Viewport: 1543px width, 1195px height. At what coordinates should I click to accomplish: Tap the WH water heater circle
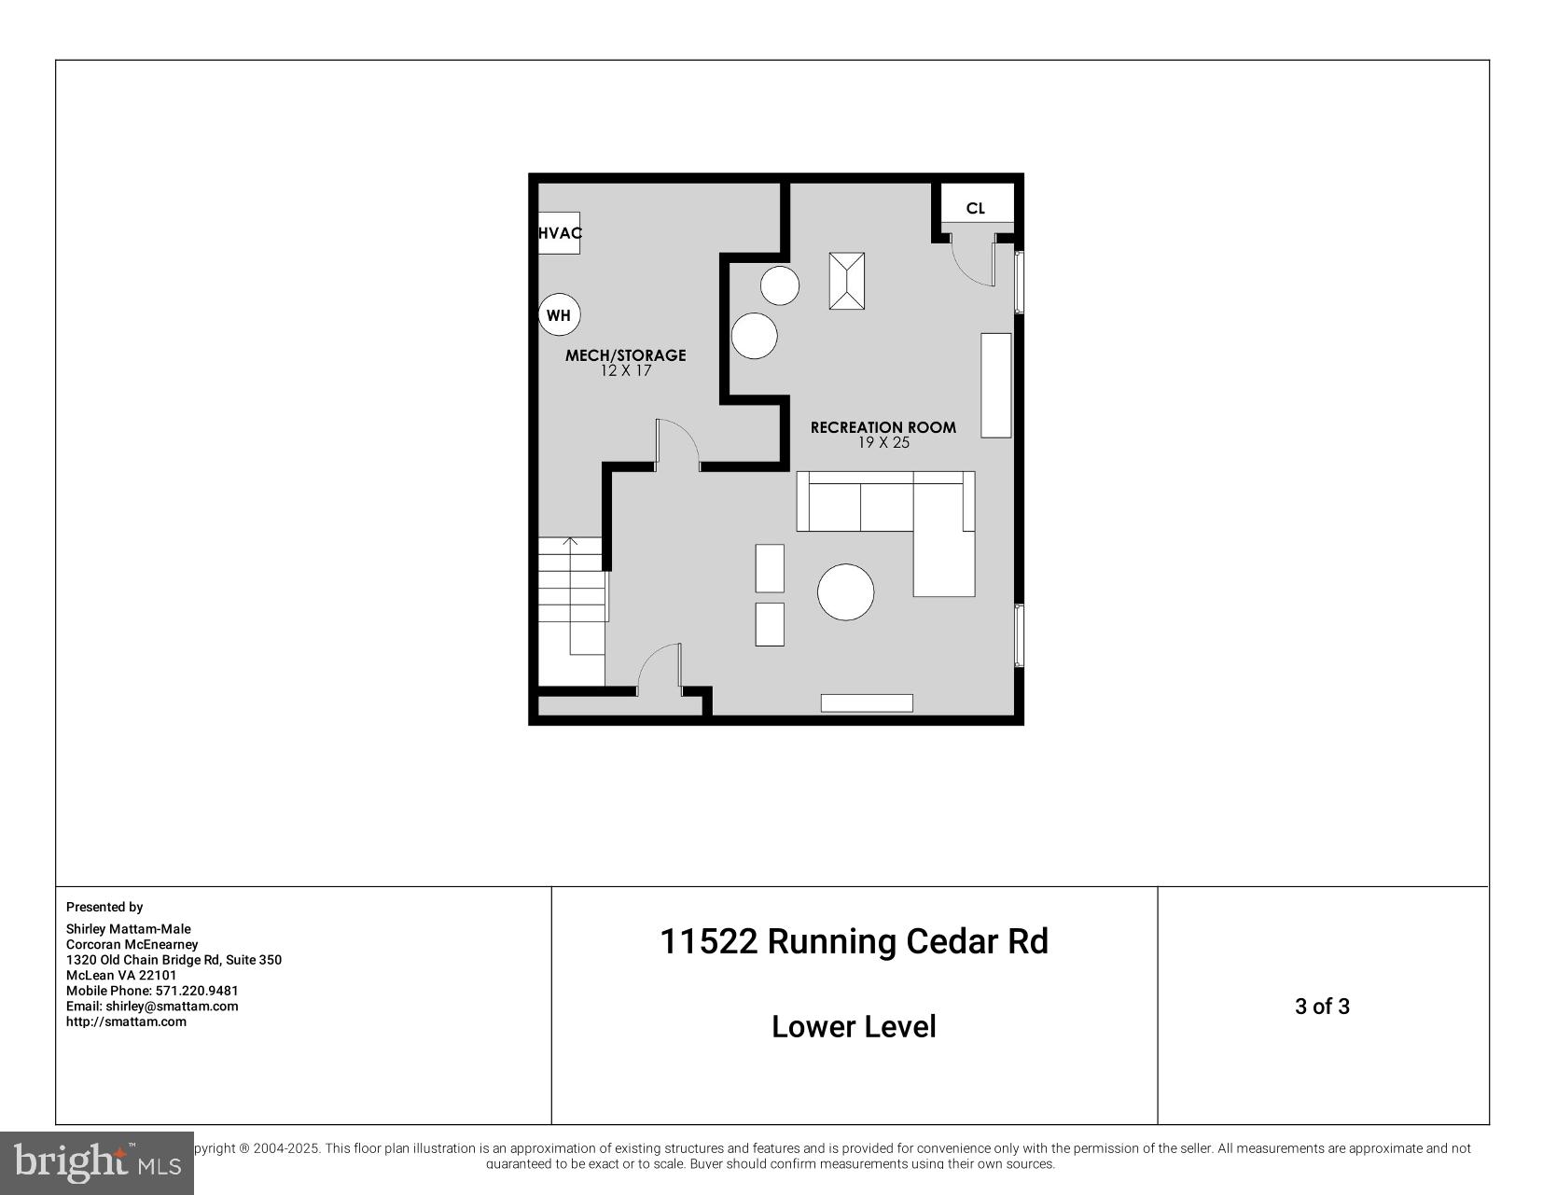559,315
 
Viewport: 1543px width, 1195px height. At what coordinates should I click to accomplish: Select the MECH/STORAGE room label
625,355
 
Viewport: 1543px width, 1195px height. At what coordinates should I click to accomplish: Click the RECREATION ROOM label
883,427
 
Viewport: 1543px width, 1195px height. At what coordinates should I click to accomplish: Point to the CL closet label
975,208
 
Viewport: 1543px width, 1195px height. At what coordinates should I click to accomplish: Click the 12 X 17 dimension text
625,370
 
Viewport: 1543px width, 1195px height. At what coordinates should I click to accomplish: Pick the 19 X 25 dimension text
883,442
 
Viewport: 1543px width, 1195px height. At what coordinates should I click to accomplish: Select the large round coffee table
845,592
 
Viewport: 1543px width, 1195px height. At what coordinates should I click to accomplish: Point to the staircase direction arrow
570,541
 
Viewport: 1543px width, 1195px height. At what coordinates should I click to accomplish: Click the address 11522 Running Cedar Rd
854,941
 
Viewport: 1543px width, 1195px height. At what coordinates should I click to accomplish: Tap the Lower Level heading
854,1027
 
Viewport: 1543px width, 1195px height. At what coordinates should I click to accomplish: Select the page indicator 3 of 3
1322,1007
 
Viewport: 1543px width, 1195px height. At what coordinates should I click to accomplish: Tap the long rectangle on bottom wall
867,703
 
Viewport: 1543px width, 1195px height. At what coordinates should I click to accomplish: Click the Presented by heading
104,907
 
